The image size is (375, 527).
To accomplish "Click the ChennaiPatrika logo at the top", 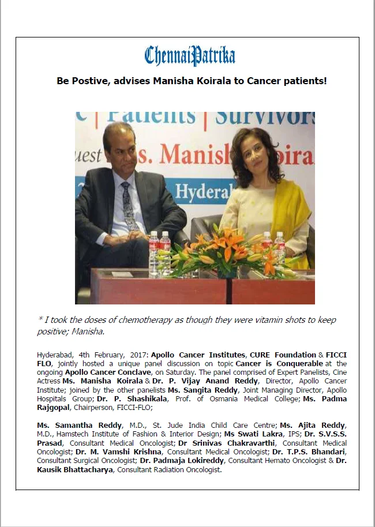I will point(190,56).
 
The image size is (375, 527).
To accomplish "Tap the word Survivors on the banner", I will point(265,117).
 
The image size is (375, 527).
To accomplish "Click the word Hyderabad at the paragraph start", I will point(55,354).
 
